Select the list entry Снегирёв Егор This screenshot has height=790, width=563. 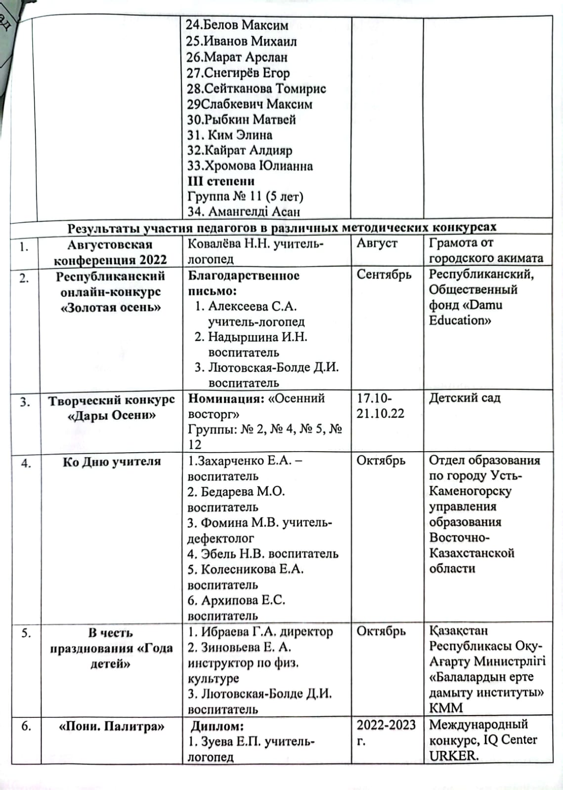pyautogui.click(x=238, y=73)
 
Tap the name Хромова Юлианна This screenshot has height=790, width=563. pyautogui.click(x=250, y=166)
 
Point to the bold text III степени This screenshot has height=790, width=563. pyautogui.click(x=221, y=181)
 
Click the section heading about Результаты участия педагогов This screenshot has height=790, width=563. pyautogui.click(x=282, y=228)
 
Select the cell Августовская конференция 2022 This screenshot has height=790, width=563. pyautogui.click(x=110, y=252)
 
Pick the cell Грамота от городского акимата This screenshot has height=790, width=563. pyautogui.click(x=486, y=250)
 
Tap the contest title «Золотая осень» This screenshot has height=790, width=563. pyautogui.click(x=110, y=308)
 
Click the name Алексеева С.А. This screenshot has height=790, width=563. pyautogui.click(x=252, y=307)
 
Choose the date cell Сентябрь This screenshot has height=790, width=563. pyautogui.click(x=384, y=275)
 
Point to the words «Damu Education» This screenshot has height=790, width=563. pyautogui.click(x=466, y=313)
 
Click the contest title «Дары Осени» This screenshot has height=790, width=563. pyautogui.click(x=111, y=416)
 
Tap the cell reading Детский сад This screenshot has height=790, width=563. pyautogui.click(x=464, y=398)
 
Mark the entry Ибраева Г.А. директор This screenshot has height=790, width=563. pyautogui.click(x=260, y=632)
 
